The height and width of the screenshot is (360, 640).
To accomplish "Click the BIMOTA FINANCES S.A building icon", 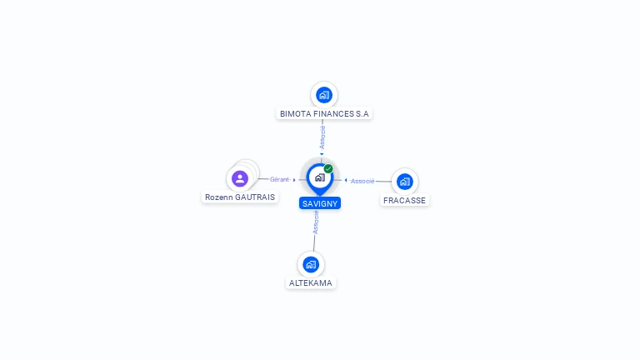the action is [x=324, y=95].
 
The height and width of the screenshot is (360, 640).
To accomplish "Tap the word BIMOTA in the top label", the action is [x=293, y=113].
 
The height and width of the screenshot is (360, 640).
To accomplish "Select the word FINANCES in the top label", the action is [x=332, y=113].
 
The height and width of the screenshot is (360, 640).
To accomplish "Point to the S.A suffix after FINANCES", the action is [x=362, y=113].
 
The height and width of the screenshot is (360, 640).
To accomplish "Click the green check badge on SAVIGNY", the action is [x=328, y=168].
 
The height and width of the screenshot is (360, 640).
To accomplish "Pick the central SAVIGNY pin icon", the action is [x=319, y=177].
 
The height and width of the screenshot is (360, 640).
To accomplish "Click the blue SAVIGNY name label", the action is [x=320, y=203].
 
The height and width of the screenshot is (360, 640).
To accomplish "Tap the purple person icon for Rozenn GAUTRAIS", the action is [x=240, y=178].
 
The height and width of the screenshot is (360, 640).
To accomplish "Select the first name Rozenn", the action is [x=219, y=197].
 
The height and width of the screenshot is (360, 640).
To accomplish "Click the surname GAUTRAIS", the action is [x=254, y=197].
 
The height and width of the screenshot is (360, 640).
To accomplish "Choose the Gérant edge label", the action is [x=279, y=179].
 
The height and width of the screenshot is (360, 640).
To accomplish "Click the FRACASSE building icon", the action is [x=404, y=181].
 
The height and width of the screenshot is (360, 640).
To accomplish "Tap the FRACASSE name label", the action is [x=404, y=200].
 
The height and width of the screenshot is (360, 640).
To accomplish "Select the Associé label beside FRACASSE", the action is [x=362, y=181].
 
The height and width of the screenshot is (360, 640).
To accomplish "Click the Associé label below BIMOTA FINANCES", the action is [x=322, y=136].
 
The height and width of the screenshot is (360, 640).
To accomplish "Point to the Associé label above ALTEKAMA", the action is [x=316, y=222].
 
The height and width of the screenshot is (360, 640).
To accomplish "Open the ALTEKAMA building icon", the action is [x=311, y=264].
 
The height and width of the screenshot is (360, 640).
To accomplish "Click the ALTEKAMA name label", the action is [x=311, y=283].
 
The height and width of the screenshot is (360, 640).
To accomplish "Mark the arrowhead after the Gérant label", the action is [x=294, y=179].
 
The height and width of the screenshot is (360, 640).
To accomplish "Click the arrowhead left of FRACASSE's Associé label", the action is [x=346, y=180].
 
